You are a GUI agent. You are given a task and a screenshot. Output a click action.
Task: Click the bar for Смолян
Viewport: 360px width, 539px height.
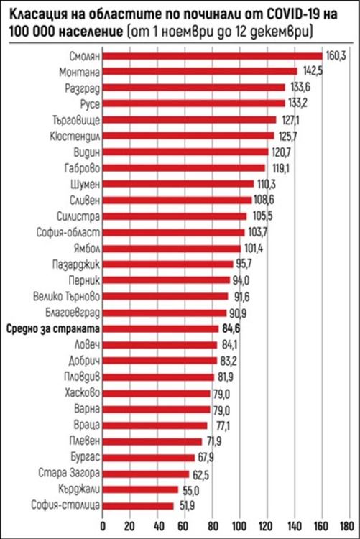[x=212, y=55]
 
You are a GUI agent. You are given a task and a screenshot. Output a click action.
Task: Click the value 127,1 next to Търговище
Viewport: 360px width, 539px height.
[x=290, y=120]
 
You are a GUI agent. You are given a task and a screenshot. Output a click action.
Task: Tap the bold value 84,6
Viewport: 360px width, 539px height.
[x=231, y=329]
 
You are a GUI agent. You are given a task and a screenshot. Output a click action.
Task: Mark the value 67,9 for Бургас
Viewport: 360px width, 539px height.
[x=208, y=457]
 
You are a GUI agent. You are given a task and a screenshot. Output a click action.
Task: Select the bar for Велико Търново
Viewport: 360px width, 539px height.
[x=165, y=297]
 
